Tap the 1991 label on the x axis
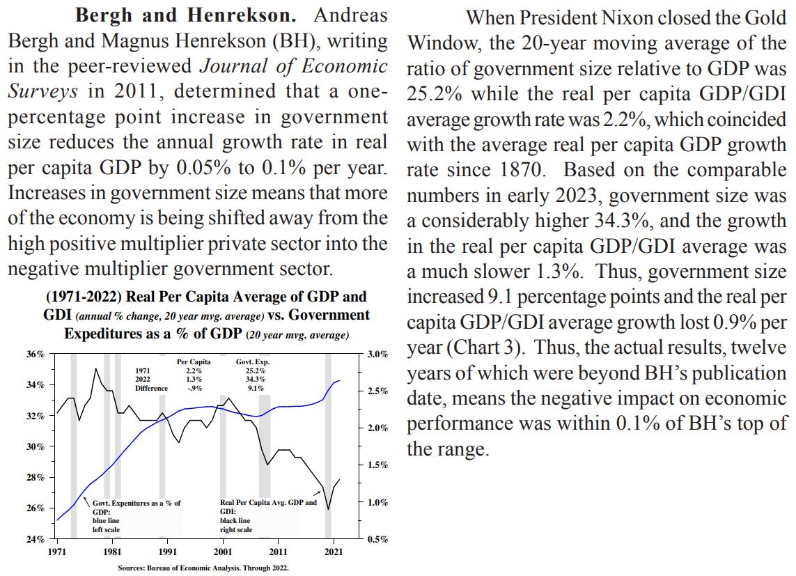[167, 549]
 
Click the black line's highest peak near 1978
[95, 368]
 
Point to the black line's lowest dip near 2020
[328, 509]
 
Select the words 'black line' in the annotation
[235, 520]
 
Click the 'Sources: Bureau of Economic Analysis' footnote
[203, 567]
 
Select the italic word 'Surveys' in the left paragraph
[34, 91]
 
